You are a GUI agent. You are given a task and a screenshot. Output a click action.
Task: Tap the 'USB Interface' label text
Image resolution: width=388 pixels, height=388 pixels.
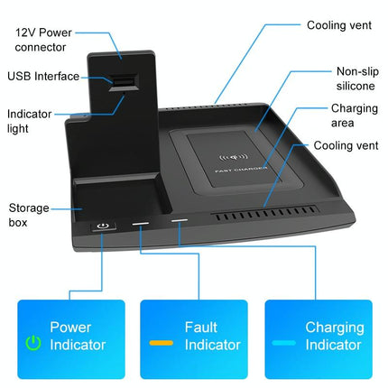pos(42,78)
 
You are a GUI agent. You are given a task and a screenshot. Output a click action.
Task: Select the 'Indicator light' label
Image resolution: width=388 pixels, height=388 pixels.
pos(30,122)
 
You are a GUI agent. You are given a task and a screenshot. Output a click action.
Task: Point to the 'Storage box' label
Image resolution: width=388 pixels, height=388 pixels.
pos(30,214)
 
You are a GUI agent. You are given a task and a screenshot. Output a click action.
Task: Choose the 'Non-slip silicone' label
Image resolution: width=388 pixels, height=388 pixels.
pos(356,78)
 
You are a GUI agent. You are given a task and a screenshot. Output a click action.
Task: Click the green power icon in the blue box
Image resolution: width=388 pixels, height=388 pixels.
pos(33,343)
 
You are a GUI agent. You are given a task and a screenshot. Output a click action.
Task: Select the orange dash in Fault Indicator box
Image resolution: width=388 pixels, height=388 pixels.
pos(162,343)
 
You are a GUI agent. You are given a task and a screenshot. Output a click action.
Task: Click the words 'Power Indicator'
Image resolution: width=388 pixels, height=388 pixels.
pos(77,336)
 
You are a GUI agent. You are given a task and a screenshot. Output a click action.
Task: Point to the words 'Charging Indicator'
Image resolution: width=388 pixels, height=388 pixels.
pos(334,336)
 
